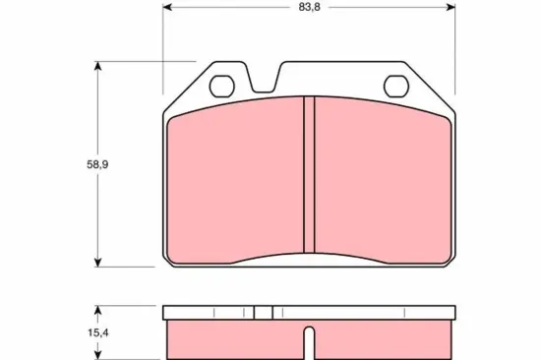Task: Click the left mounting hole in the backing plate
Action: (221, 84)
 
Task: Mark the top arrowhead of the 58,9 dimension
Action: (97, 65)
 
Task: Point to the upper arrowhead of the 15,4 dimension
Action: (97, 309)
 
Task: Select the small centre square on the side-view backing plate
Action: (262, 312)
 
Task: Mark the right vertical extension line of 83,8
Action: (454, 39)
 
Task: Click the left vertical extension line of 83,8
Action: (162, 39)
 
